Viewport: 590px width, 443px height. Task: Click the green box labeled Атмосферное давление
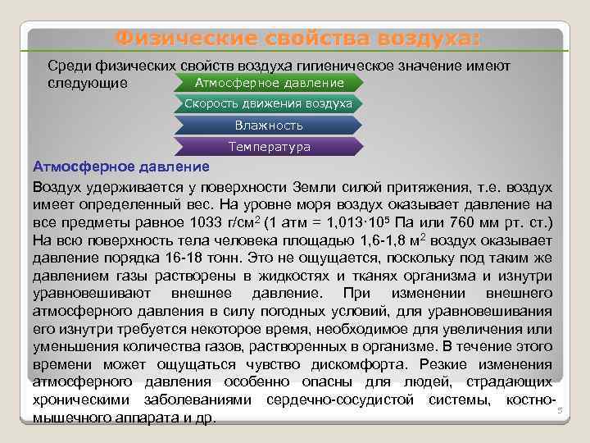(x=269, y=83)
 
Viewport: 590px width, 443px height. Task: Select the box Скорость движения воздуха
(x=269, y=104)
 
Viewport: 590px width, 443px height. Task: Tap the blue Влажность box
(x=269, y=126)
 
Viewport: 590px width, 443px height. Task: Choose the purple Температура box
(x=269, y=147)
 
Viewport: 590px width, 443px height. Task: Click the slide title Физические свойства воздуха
(x=297, y=39)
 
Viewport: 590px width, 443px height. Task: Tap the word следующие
(x=88, y=83)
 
